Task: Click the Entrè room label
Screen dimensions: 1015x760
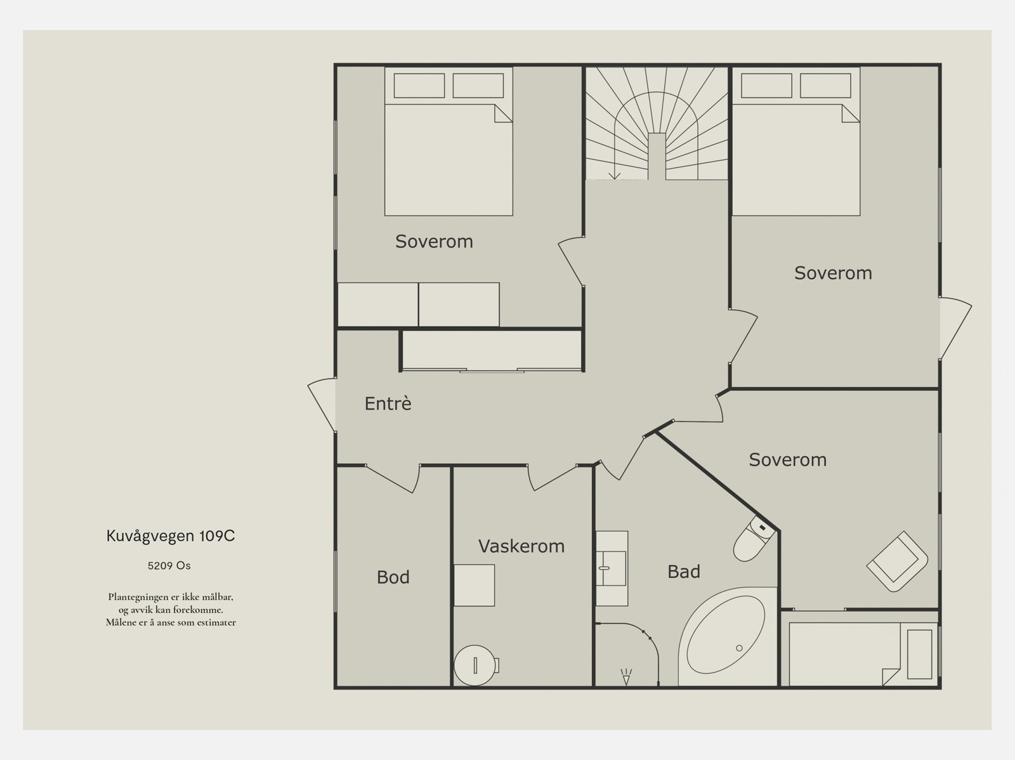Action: [388, 403]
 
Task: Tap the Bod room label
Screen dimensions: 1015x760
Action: [393, 577]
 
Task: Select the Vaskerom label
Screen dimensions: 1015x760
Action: [521, 546]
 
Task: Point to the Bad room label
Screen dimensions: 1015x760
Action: [683, 572]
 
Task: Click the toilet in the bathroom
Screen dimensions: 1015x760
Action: [754, 539]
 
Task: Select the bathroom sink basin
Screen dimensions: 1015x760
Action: [612, 568]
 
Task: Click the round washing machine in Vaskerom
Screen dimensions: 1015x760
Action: [475, 665]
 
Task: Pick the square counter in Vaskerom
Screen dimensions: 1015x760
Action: [474, 585]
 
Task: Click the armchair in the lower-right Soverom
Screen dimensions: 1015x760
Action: [897, 561]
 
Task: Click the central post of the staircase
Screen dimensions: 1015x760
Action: [657, 156]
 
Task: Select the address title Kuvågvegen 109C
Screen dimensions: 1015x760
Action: [171, 536]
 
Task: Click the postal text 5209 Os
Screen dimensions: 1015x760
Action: [169, 566]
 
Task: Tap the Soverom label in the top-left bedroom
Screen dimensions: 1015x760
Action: [434, 241]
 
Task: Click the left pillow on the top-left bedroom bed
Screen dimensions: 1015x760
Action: [419, 86]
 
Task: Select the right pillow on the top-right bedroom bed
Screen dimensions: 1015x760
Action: [825, 86]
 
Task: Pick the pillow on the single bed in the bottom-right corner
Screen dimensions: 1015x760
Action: [919, 654]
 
